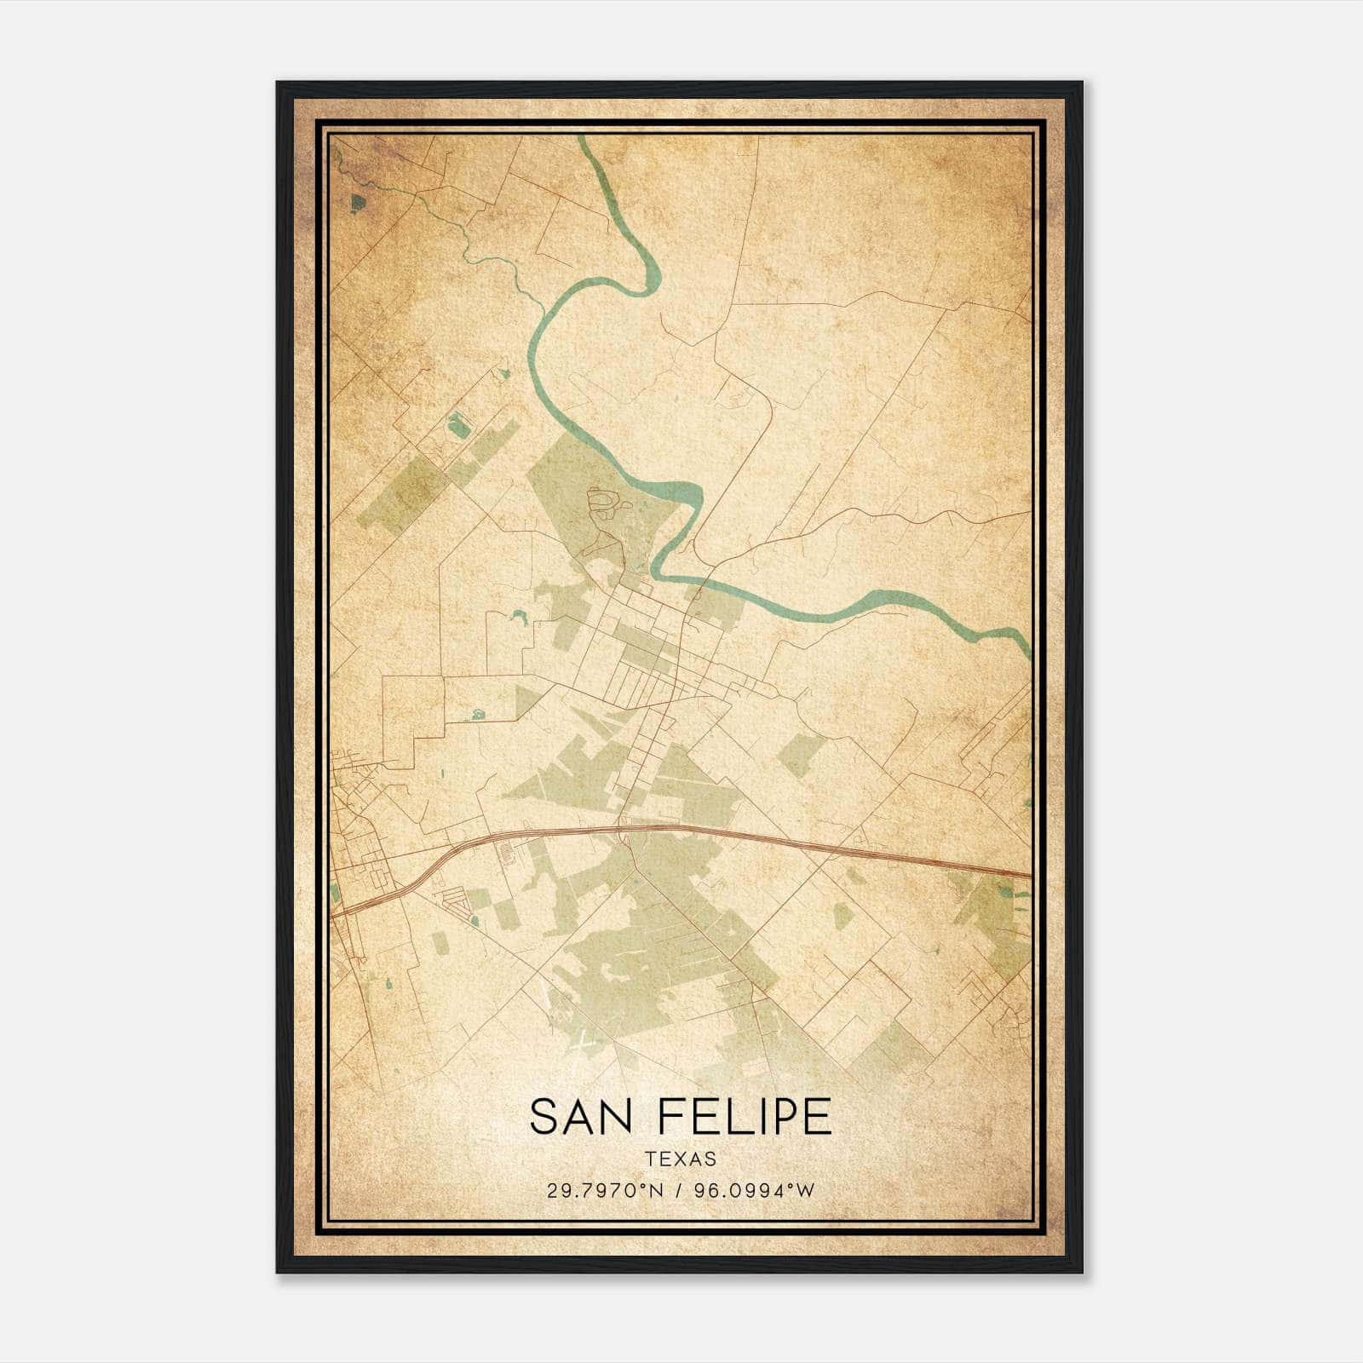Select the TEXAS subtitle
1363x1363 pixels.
pos(681,1159)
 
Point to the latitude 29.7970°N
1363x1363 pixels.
pos(606,1190)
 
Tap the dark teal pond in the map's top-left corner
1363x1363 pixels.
pos(357,203)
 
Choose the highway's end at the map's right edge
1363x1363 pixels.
pos(1028,874)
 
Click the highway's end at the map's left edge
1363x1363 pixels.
pos(334,914)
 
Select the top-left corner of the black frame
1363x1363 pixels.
pos(279,83)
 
